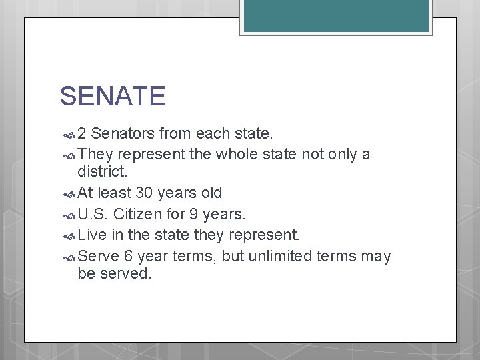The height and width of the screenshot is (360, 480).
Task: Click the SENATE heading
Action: click(x=112, y=96)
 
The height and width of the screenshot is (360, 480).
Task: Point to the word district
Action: click(x=102, y=172)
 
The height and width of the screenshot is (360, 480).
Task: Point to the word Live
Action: click(x=91, y=235)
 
